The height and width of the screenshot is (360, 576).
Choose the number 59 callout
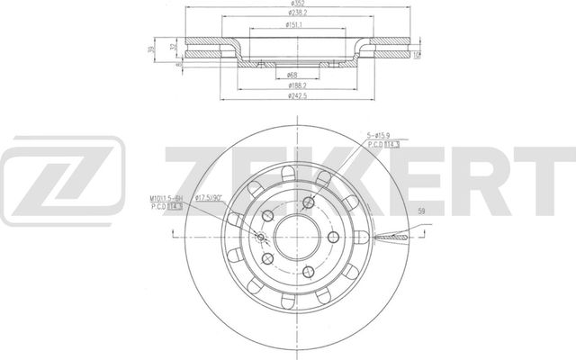pos(422,212)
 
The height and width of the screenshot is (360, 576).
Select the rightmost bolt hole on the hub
pos(334,238)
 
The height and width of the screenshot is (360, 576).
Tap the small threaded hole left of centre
pos(262,238)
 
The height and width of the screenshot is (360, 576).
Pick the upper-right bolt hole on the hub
pos(309,202)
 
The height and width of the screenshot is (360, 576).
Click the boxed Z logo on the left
pos(61,180)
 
